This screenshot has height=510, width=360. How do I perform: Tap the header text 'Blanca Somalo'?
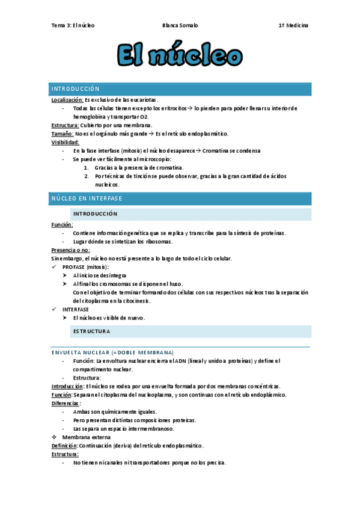pyautogui.click(x=180, y=25)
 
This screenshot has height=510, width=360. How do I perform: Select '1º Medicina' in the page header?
pyautogui.click(x=293, y=25)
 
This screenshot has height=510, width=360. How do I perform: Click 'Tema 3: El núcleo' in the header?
pyautogui.click(x=73, y=25)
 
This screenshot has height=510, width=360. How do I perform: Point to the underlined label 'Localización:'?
pyautogui.click(x=67, y=99)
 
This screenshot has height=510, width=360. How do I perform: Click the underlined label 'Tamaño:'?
pyautogui.click(x=63, y=134)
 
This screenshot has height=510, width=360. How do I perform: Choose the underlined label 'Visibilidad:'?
pyautogui.click(x=66, y=142)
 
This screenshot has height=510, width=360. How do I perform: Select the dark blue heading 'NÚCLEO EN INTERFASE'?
pyautogui.click(x=87, y=198)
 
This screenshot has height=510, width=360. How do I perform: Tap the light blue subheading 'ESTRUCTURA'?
pyautogui.click(x=91, y=331)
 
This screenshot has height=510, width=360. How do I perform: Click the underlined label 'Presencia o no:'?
pyautogui.click(x=71, y=250)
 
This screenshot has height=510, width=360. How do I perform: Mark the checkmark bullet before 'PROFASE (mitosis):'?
pyautogui.click(x=56, y=266)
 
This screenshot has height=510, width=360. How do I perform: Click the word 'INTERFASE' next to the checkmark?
pyautogui.click(x=75, y=309)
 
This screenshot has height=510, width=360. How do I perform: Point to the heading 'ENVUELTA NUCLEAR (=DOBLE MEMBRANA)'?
pyautogui.click(x=112, y=352)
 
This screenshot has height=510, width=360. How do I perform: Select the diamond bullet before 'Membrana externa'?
pyautogui.click(x=55, y=437)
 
